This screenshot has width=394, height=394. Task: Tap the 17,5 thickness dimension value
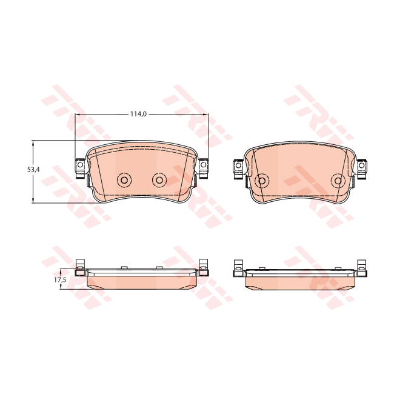59,280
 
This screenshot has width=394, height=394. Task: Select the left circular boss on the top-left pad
124,179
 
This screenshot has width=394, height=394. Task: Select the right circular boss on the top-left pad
159,179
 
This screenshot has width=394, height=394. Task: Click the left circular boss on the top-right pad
262,180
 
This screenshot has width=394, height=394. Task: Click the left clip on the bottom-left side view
79,268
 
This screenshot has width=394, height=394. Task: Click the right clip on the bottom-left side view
204,268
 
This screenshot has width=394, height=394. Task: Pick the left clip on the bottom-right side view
238,268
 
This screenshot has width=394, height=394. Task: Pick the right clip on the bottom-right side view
362,268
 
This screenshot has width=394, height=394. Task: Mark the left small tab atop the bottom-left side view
123,267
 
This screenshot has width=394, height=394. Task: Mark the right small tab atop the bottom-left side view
159,267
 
